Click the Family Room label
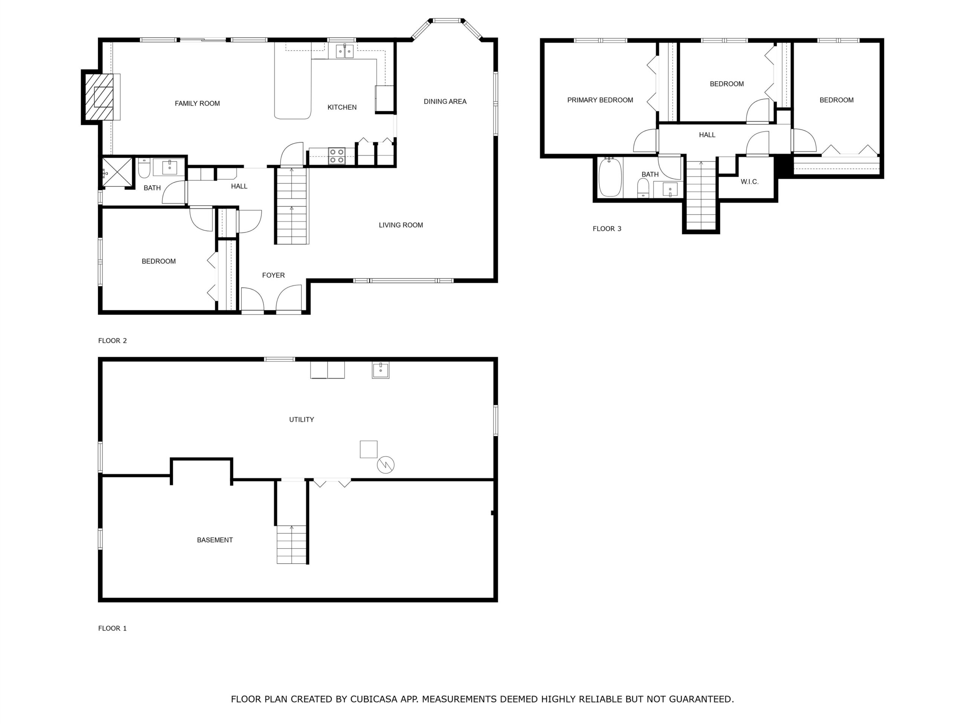pyautogui.click(x=197, y=103)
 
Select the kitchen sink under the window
pyautogui.click(x=345, y=51)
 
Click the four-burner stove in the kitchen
pyautogui.click(x=337, y=156)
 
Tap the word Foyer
pyautogui.click(x=274, y=275)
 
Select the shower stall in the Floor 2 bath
pyautogui.click(x=117, y=172)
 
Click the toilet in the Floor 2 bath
pyautogui.click(x=144, y=169)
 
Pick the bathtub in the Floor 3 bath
pyautogui.click(x=610, y=178)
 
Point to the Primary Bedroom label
pyautogui.click(x=600, y=100)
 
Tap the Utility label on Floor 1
pyautogui.click(x=302, y=420)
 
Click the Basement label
pyautogui.click(x=214, y=540)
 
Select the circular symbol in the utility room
pyautogui.click(x=386, y=465)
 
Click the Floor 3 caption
pyautogui.click(x=607, y=229)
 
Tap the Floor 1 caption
pyautogui.click(x=112, y=629)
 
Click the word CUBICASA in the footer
pyautogui.click(x=374, y=699)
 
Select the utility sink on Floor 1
pyautogui.click(x=380, y=370)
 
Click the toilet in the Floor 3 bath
pyautogui.click(x=643, y=188)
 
